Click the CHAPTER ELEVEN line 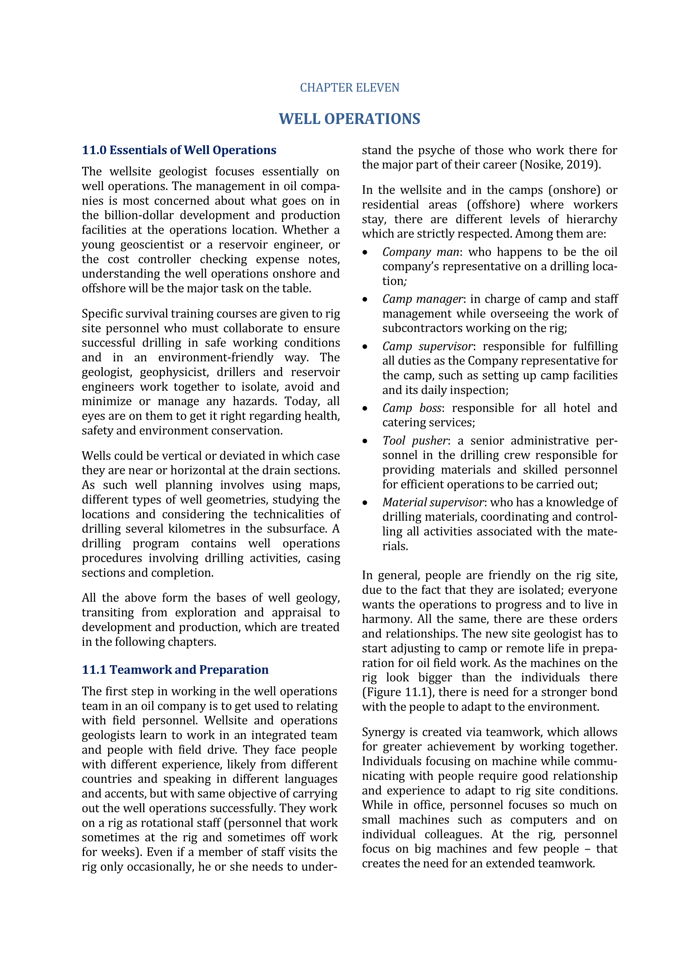coord(350,88)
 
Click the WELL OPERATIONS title coord(350,119)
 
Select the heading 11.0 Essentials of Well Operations coord(179,150)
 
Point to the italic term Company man coord(421,252)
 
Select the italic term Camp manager coord(422,299)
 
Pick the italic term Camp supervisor coord(427,346)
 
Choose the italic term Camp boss coord(411,408)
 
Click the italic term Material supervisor coord(433,502)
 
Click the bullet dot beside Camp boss coord(365,409)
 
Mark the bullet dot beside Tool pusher coord(365,441)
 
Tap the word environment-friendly coord(216,357)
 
